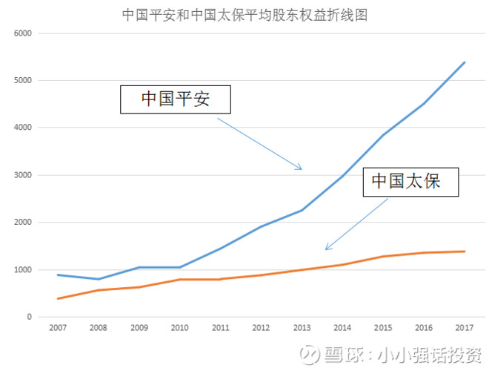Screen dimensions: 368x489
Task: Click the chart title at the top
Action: pos(245,14)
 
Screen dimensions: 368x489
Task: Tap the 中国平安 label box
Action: pos(176,98)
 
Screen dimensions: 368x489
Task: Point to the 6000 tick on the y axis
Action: pos(23,33)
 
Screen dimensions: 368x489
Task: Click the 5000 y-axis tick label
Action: pos(23,80)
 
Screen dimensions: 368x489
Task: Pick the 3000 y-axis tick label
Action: pos(23,175)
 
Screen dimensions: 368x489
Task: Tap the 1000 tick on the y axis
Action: pos(23,270)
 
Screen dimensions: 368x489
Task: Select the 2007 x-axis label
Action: pos(58,327)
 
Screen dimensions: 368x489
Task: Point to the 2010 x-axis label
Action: pos(179,327)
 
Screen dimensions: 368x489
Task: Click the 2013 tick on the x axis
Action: pos(302,327)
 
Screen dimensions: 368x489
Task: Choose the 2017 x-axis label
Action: pos(464,327)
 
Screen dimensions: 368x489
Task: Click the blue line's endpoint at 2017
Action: pos(465,62)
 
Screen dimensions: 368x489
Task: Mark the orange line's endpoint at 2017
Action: pos(465,252)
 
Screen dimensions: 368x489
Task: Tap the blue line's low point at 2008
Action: pos(99,279)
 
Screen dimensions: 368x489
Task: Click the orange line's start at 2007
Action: pos(58,298)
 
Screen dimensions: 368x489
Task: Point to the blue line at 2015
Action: pos(383,134)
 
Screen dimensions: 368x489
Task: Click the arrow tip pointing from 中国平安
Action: pos(302,170)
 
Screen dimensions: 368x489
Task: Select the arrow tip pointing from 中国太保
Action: pos(325,250)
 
